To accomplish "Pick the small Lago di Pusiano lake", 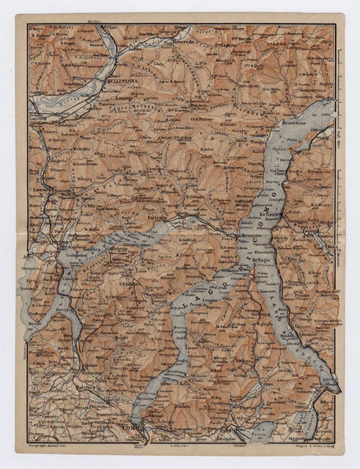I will (x=260, y=432).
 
